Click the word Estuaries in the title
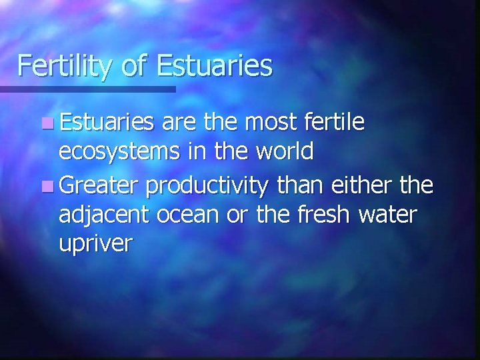point(215,66)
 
